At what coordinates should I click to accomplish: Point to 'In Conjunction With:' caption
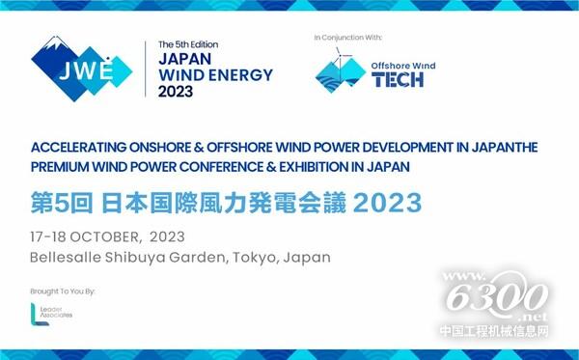[x=348, y=37]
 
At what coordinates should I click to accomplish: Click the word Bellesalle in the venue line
[x=67, y=258]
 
